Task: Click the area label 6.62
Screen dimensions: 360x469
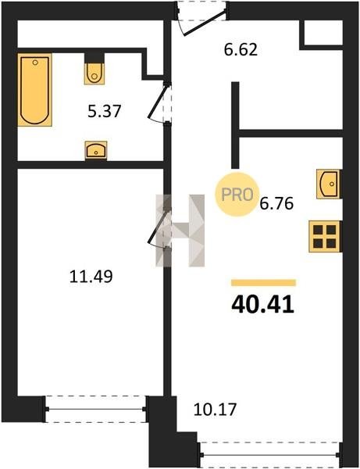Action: (241, 50)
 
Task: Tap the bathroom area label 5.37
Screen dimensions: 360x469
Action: (105, 111)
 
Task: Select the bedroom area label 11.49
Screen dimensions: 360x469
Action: (91, 276)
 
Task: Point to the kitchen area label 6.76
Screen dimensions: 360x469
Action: (276, 204)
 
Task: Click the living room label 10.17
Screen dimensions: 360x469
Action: (215, 409)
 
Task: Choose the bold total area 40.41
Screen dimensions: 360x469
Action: (263, 305)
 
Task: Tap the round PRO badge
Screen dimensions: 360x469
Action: (237, 195)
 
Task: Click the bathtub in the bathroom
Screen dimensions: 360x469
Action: (34, 90)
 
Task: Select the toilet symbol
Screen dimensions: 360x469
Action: (94, 73)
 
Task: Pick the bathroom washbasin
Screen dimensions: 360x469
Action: (96, 150)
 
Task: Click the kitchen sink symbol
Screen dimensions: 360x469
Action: (328, 184)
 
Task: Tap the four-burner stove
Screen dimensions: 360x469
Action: (324, 236)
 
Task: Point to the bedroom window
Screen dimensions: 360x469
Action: (95, 409)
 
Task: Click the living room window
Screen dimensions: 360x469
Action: (270, 455)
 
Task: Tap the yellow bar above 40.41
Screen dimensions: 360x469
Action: (263, 283)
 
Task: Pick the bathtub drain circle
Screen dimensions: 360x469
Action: (35, 63)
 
